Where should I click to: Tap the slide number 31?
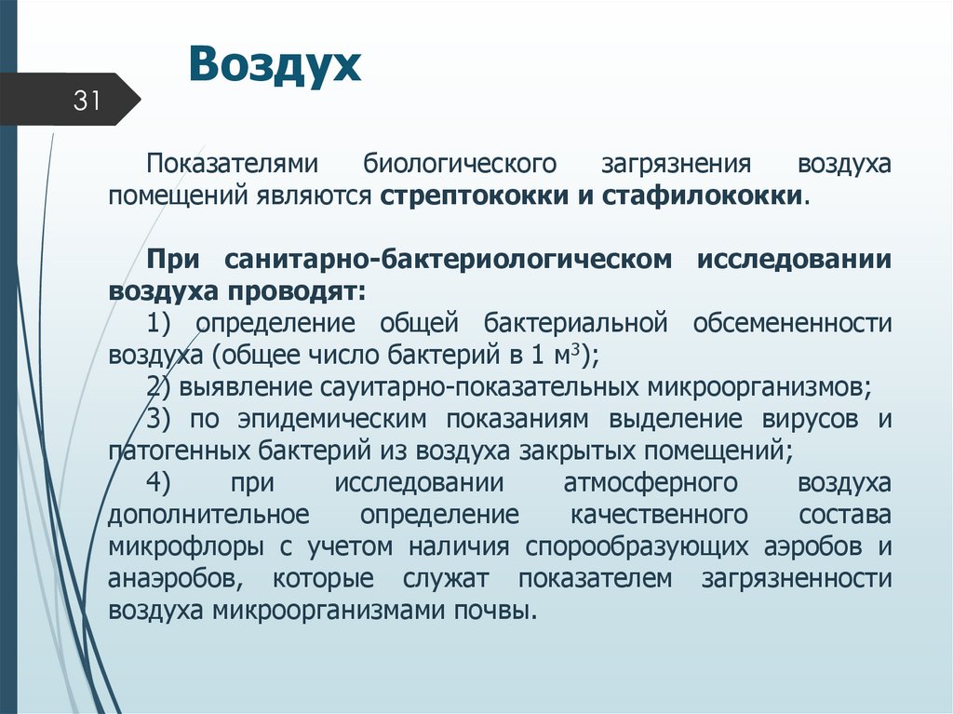87,101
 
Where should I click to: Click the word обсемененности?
792,323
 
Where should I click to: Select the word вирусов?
809,419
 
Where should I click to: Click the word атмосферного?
651,483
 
